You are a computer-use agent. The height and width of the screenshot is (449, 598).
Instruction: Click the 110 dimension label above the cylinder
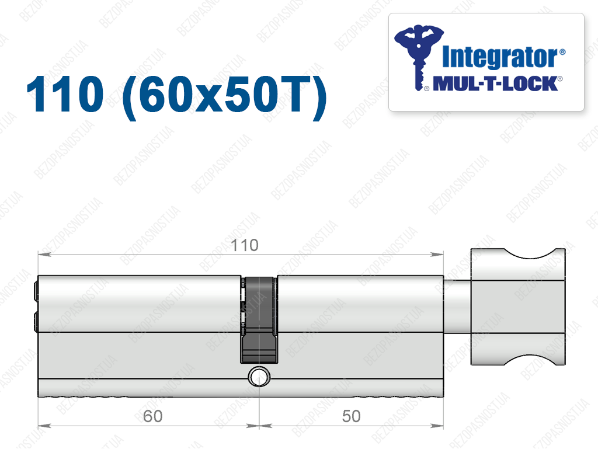245,245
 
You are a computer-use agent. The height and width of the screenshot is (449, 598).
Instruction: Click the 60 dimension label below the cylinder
152,416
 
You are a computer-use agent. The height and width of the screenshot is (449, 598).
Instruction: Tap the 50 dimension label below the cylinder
351,416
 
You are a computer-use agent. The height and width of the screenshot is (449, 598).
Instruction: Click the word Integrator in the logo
500,58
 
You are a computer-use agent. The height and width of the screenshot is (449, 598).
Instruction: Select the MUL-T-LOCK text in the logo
495,83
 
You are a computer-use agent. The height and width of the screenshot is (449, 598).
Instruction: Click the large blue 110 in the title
65,94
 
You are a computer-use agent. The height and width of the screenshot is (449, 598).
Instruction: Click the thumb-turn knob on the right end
518,307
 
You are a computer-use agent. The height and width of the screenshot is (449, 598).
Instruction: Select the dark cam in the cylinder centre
259,319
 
